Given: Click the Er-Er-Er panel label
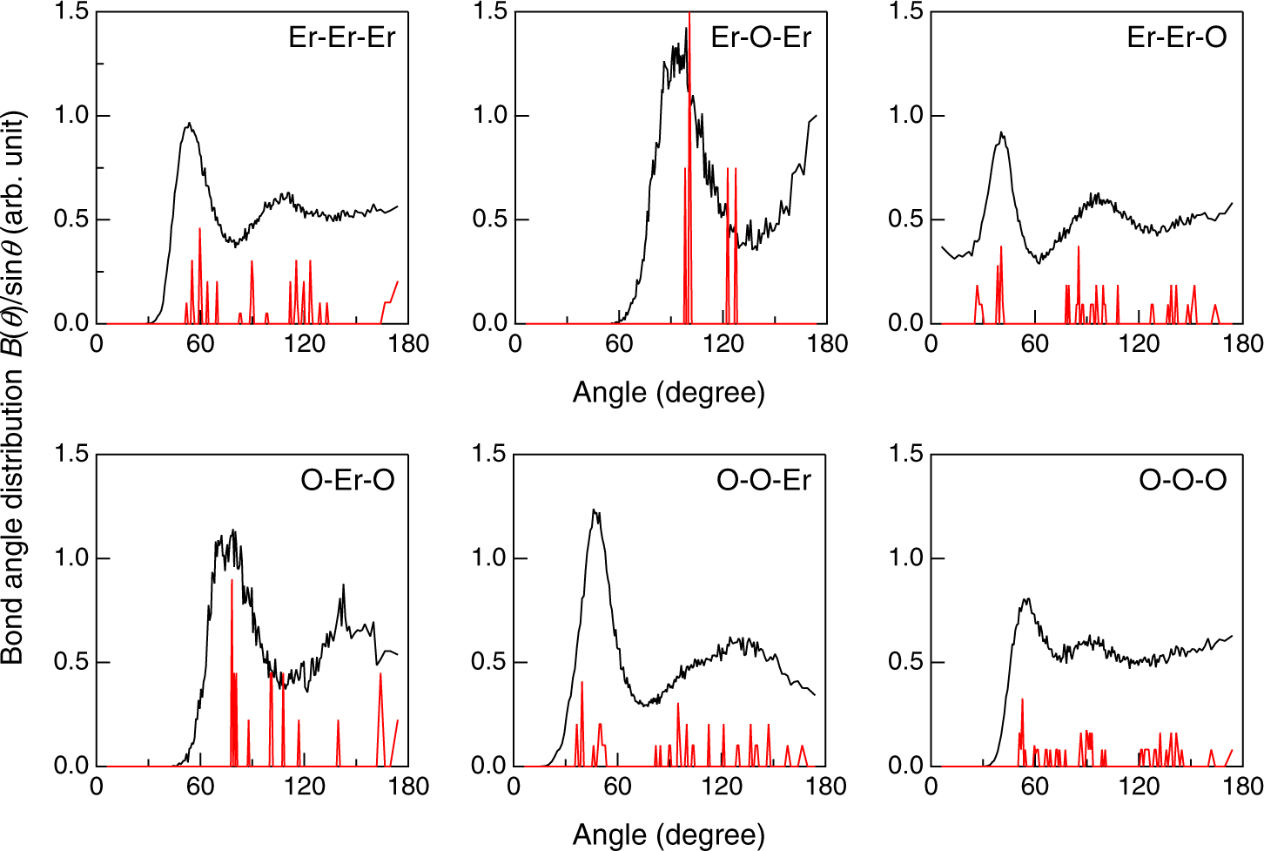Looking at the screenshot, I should point(341,37).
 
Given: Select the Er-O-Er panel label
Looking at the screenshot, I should point(760,37).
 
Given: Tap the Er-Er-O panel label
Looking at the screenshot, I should point(1176,37).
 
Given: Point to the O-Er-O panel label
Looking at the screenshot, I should point(347,480).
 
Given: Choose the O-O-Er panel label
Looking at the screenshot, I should point(763,480).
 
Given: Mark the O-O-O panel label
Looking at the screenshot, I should point(1182,480).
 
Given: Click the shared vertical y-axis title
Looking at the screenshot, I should point(14,388).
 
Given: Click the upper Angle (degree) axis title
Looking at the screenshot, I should point(669,393).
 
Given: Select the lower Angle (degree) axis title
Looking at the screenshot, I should point(669,835).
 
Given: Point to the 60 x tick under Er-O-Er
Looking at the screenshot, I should point(619,344).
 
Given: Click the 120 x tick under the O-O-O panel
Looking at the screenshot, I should point(1139,787).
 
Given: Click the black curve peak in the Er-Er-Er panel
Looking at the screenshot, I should point(188,125).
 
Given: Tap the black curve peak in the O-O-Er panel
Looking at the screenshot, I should point(595,510).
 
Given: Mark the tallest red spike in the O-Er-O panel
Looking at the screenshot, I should point(232,581).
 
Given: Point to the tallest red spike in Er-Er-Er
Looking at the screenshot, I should point(199,229).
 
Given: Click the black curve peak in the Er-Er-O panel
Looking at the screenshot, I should point(1002,133).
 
